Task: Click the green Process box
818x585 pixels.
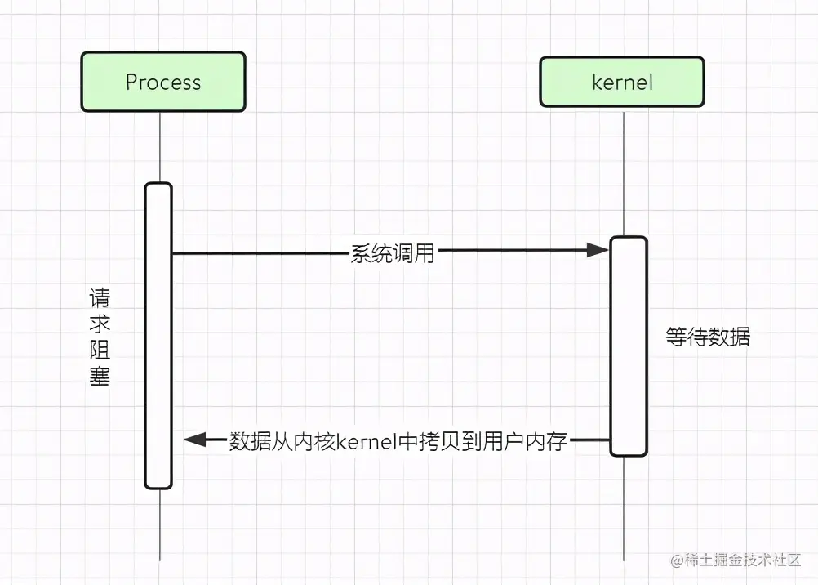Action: tap(162, 82)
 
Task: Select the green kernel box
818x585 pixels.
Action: tap(621, 82)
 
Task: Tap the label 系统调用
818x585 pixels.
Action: tap(393, 253)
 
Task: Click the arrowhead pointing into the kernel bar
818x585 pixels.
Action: tap(599, 251)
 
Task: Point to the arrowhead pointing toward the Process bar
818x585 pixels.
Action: tap(194, 440)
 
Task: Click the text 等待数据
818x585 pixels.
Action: tap(708, 337)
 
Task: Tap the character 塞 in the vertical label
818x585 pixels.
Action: tap(99, 377)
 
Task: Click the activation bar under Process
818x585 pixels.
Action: tap(158, 335)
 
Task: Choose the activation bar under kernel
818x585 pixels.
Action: tap(628, 346)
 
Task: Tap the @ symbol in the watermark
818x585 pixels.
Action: tap(676, 560)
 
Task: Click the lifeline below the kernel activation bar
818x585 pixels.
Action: tap(625, 507)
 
